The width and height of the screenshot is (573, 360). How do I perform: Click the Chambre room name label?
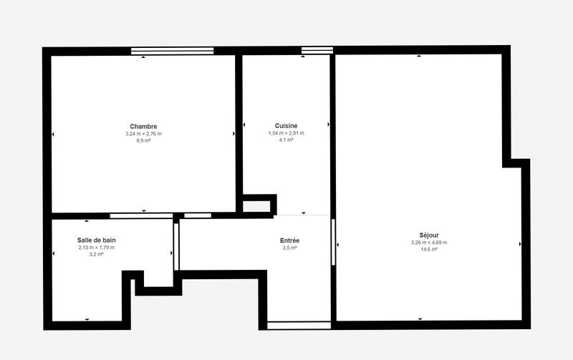pyautogui.click(x=143, y=127)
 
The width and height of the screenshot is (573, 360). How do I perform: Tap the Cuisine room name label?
pyautogui.click(x=286, y=126)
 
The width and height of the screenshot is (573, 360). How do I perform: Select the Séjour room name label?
pyautogui.click(x=429, y=235)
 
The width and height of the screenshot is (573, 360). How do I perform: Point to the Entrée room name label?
pyautogui.click(x=289, y=240)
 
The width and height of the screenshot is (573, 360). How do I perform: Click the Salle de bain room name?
pyautogui.click(x=97, y=240)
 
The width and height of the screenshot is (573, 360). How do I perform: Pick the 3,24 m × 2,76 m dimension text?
pyautogui.click(x=143, y=134)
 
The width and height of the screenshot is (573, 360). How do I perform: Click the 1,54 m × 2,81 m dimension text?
pyautogui.click(x=286, y=133)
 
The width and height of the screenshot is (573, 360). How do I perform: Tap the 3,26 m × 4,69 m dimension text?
pyautogui.click(x=429, y=243)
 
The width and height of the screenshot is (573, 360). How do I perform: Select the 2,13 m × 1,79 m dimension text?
pyautogui.click(x=97, y=248)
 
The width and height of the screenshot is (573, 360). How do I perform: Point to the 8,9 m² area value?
pyautogui.click(x=143, y=140)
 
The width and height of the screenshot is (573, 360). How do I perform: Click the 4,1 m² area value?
pyautogui.click(x=286, y=140)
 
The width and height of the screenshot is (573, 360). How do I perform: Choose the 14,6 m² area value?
pyautogui.click(x=429, y=249)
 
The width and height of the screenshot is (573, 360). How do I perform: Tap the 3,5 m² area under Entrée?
pyautogui.click(x=289, y=248)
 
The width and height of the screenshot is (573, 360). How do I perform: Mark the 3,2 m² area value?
pyautogui.click(x=97, y=254)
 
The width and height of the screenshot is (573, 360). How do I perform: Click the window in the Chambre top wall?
pyautogui.click(x=173, y=51)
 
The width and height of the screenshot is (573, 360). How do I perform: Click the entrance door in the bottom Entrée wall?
pyautogui.click(x=299, y=326)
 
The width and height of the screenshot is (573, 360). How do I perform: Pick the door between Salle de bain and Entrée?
pyautogui.click(x=176, y=247)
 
